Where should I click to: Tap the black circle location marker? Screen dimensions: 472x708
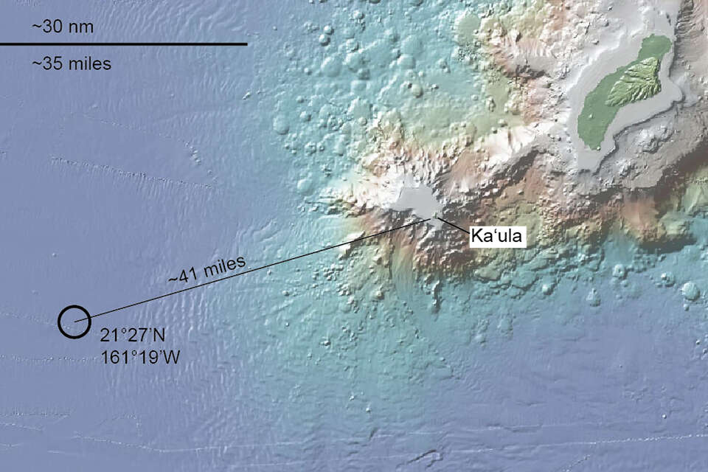(x=74, y=322)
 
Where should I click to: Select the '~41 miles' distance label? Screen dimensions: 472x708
(x=206, y=271)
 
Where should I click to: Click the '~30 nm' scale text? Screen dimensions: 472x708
(x=62, y=27)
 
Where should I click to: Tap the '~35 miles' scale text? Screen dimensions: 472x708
(x=72, y=64)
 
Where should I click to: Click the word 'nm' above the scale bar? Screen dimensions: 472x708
(x=81, y=27)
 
